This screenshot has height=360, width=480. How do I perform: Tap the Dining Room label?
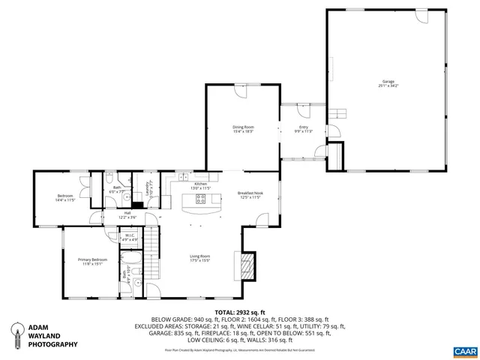pos(242,129)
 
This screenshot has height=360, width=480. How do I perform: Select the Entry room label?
pos(303,129)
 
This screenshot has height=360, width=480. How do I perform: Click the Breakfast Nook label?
pos(250,195)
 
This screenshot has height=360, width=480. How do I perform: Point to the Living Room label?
pos(199,258)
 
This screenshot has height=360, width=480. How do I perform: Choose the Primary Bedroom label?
pos(93,261)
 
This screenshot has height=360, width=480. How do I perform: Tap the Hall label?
pos(127,214)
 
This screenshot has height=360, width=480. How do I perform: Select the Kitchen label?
pos(200,185)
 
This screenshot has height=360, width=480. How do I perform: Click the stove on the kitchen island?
pos(201,199)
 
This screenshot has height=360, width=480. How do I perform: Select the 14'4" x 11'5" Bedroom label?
pos(65,199)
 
